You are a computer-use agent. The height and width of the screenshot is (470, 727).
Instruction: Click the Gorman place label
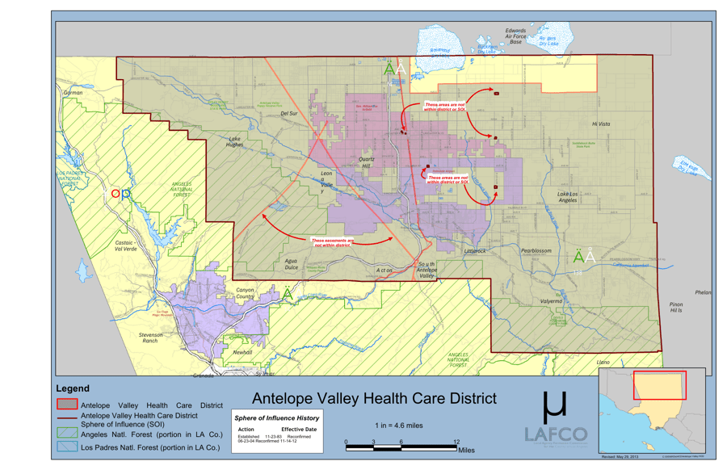[73, 93]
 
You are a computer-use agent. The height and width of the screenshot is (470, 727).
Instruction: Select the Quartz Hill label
[372, 163]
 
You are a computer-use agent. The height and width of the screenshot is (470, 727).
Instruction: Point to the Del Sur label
[289, 114]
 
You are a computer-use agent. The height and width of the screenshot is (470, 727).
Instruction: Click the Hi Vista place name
[601, 124]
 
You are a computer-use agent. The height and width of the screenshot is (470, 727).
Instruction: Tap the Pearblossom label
[536, 251]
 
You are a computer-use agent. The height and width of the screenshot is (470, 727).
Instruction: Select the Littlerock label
[475, 251]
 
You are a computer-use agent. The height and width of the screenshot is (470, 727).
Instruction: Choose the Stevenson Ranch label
[149, 338]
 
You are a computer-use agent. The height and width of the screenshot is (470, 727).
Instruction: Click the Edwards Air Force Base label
[515, 36]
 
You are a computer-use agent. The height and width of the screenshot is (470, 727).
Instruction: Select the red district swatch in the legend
[67, 405]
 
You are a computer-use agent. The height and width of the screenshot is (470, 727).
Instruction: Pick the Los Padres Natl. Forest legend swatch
[67, 447]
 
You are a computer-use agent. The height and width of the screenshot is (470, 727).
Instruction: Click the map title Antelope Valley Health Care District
[374, 398]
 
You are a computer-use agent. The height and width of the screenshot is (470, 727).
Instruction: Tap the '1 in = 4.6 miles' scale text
[398, 425]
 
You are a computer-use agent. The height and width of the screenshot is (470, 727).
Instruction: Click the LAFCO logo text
[556, 434]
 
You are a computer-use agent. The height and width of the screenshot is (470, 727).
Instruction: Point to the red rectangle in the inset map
[659, 385]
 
